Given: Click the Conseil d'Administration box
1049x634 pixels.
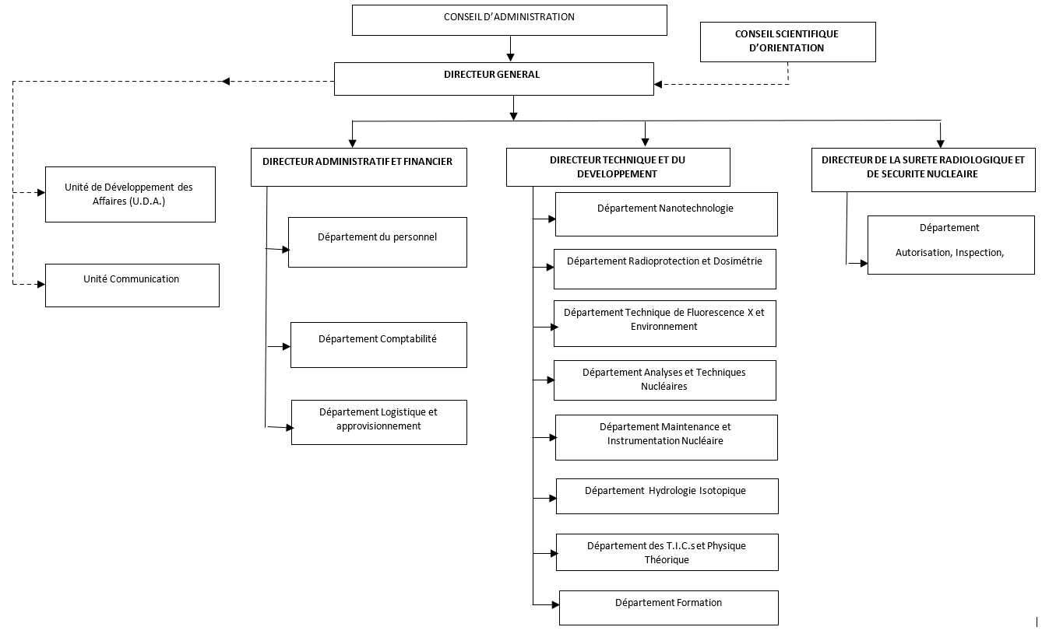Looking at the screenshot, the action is [509, 20].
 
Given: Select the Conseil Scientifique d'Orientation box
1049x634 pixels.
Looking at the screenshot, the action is [787, 42].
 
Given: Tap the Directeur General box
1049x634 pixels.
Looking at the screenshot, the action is [494, 79].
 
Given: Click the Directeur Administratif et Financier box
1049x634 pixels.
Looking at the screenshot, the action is [359, 167].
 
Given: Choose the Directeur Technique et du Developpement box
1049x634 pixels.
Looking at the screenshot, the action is [618, 167].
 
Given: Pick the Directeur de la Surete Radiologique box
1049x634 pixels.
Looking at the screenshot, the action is [924, 170].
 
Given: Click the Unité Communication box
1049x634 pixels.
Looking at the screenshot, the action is [132, 285].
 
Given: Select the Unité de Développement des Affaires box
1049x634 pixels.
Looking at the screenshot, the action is [130, 194].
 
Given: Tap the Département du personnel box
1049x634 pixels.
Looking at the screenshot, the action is [378, 243].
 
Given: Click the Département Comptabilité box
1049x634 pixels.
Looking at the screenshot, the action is [378, 345].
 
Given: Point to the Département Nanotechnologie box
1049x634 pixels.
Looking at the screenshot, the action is [667, 214].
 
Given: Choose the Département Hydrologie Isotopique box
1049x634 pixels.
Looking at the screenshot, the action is [667, 496].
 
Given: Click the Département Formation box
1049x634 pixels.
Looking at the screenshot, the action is [669, 608].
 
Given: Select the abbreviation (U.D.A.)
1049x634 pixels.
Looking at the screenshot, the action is [146, 201].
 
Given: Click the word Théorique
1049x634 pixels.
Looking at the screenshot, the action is [667, 559].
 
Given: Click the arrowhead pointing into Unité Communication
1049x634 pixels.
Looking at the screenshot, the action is [41, 284].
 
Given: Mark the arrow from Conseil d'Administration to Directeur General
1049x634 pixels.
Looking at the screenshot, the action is [510, 49].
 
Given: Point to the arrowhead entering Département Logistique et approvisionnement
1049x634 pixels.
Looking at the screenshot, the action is [290, 428].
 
